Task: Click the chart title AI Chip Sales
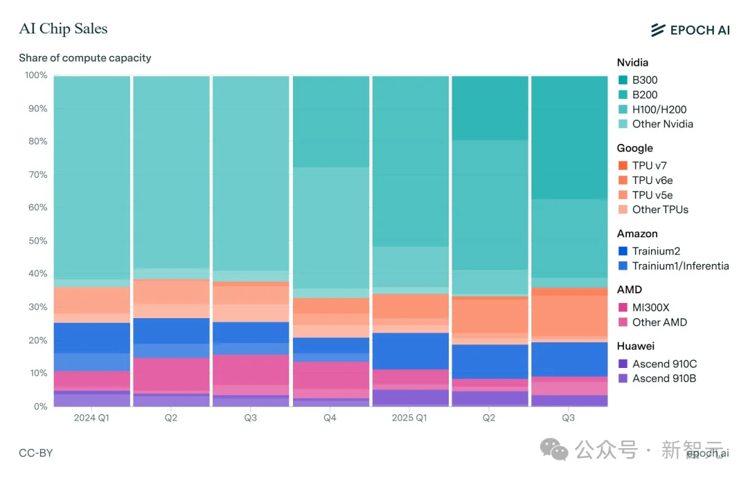(x=63, y=28)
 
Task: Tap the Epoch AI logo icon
(x=657, y=30)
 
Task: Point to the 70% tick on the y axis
(x=37, y=175)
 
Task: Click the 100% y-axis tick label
(x=35, y=75)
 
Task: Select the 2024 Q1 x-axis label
(x=91, y=418)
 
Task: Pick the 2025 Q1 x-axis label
(x=410, y=418)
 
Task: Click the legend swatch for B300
(x=623, y=80)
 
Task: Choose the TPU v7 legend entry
(x=649, y=165)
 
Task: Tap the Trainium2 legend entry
(x=659, y=251)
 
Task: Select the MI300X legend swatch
(x=623, y=307)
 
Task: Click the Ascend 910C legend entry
(x=664, y=364)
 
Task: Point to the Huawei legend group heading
(x=635, y=346)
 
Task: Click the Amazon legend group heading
(x=637, y=234)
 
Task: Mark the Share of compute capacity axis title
(x=84, y=58)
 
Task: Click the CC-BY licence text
(x=36, y=453)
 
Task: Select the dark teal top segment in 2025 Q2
(x=490, y=108)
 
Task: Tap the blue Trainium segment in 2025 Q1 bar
(x=410, y=351)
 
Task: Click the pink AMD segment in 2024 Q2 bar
(x=171, y=374)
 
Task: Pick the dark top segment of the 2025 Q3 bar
(x=569, y=137)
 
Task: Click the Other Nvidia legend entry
(x=662, y=124)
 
